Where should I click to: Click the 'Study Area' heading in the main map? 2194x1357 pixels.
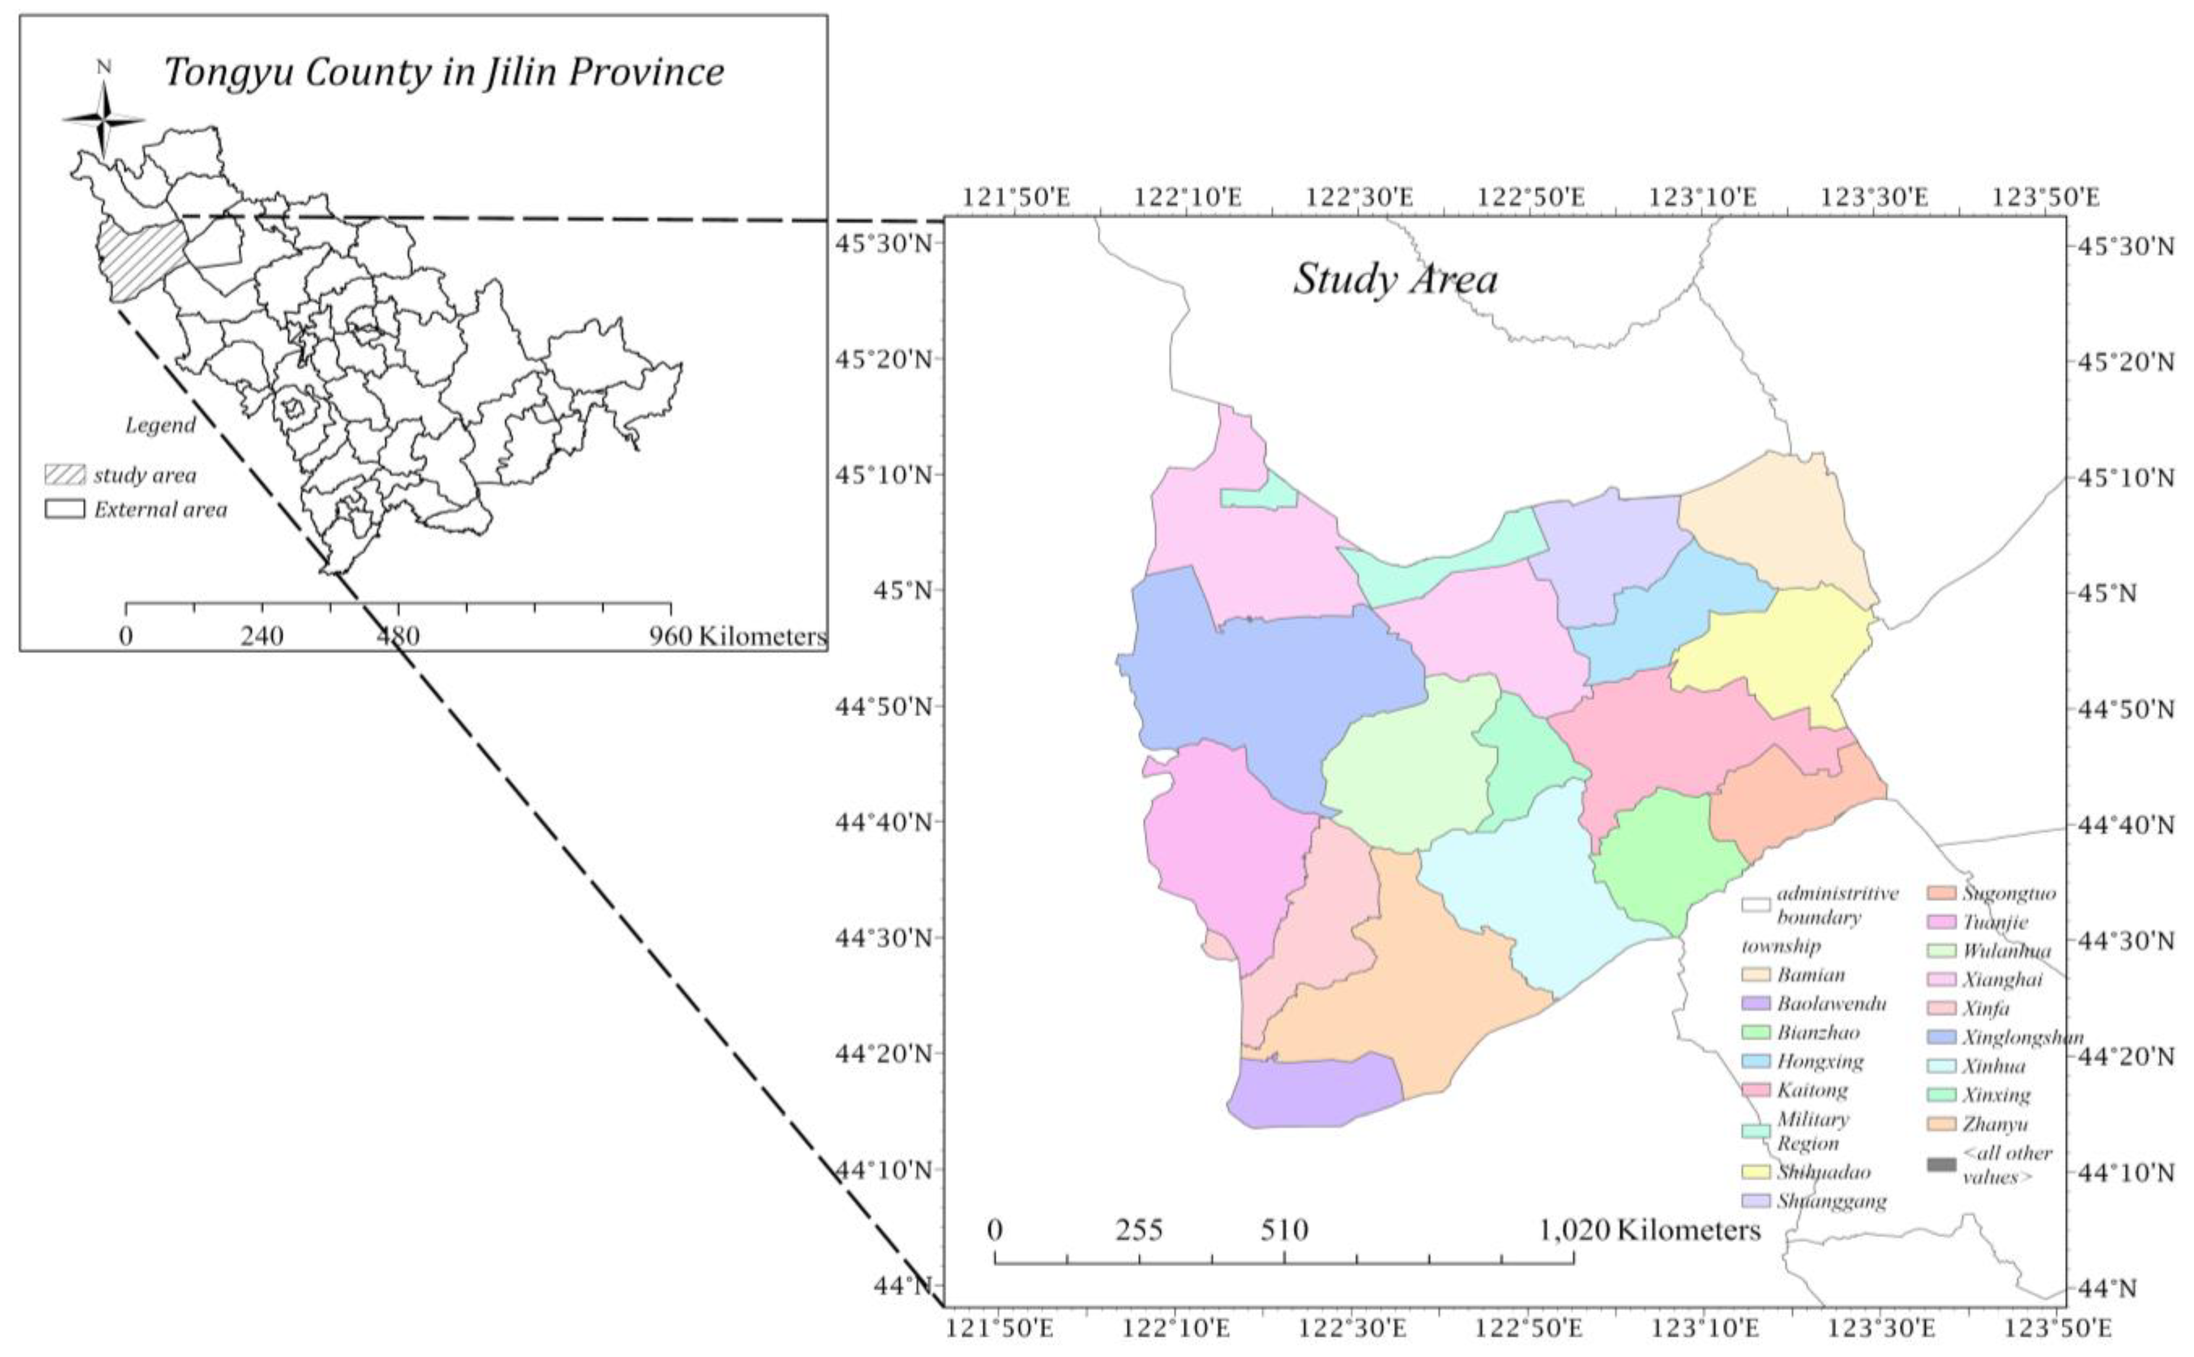[1394, 279]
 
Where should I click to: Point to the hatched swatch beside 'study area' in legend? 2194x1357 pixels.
[65, 475]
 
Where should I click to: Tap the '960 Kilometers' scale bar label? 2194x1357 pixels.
[737, 636]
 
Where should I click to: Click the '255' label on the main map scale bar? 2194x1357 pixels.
[1139, 1230]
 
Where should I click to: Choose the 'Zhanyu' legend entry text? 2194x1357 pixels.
[1994, 1124]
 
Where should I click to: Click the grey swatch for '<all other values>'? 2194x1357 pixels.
[1941, 1165]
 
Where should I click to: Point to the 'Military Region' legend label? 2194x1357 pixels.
[1813, 1131]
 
